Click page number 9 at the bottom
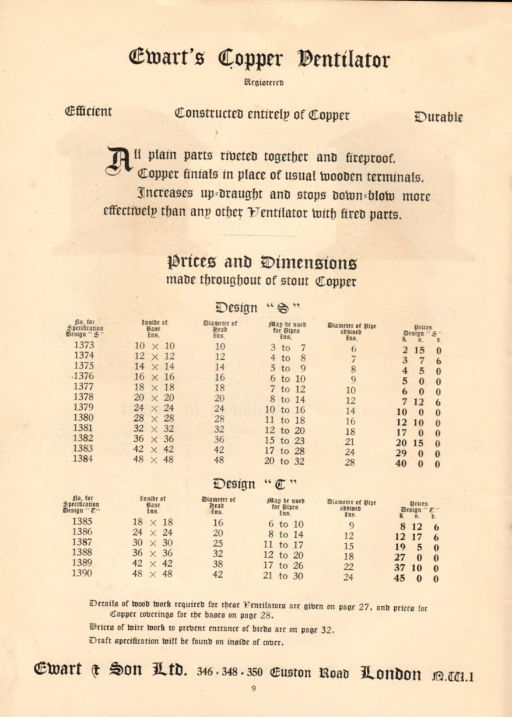pos(254,688)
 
